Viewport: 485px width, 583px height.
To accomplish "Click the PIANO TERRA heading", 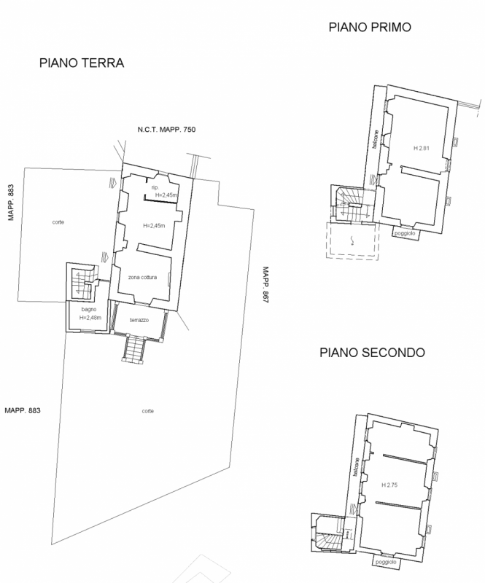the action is [82, 63].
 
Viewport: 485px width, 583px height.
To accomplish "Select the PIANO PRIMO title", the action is [370, 27].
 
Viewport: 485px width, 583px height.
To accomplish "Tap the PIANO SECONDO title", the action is [372, 352].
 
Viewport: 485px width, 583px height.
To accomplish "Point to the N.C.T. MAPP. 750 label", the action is [166, 130].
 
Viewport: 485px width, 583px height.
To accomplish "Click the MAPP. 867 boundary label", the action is [265, 285].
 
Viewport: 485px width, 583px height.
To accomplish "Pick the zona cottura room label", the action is [142, 278].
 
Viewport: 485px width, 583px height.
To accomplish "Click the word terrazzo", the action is [139, 320].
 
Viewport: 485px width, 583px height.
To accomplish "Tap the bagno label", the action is [88, 309].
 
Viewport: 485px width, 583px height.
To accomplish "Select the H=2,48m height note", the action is [90, 318].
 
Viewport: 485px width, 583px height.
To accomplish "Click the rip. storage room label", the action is [155, 188].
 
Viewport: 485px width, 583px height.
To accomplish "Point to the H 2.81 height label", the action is [422, 148].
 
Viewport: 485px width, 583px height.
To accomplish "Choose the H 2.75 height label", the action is [389, 485].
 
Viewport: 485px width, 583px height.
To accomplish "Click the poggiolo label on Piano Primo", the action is [405, 233].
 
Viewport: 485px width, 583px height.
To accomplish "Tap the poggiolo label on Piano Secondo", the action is [386, 562].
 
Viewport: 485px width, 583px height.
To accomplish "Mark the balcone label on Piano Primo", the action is [375, 139].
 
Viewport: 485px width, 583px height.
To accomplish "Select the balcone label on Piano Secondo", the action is [356, 467].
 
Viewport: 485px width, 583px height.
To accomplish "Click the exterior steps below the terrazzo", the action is [133, 348].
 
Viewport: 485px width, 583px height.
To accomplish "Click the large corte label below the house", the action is [148, 411].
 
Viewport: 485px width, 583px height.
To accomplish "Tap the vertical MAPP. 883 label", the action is [11, 203].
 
